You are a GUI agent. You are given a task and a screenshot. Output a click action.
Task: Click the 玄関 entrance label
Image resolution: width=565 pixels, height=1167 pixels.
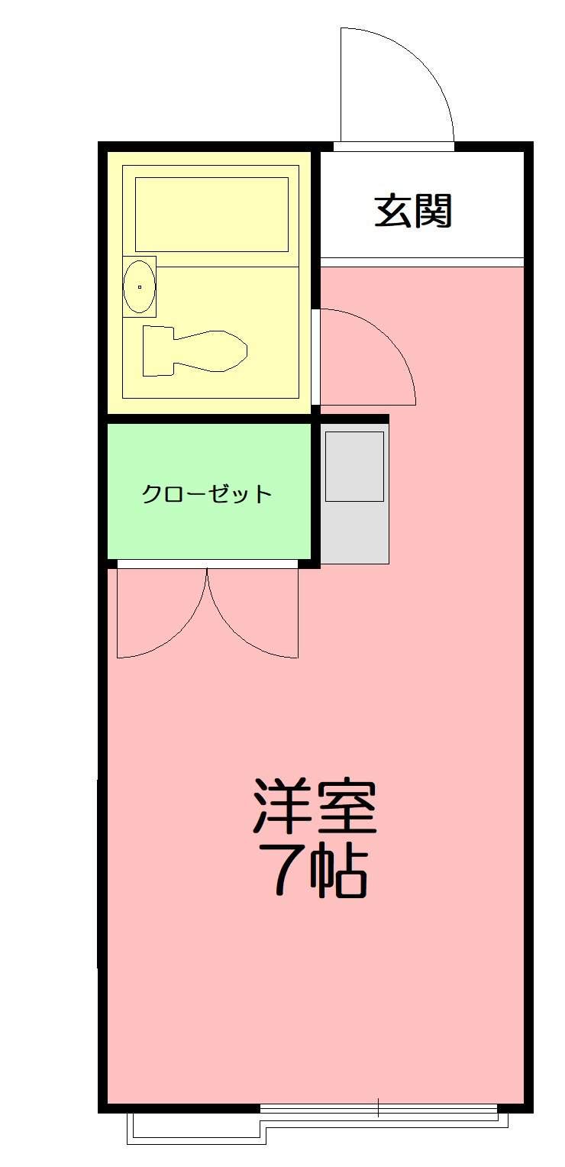click(413, 212)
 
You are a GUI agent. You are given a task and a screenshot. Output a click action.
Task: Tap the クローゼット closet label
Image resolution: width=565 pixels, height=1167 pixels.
click(207, 493)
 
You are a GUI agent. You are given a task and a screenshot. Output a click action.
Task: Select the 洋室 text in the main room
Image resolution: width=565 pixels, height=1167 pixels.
click(315, 807)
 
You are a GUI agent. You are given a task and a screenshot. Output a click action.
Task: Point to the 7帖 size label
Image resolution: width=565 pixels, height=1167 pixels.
click(315, 871)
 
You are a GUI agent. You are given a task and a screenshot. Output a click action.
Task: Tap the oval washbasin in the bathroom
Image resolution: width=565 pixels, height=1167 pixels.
click(139, 286)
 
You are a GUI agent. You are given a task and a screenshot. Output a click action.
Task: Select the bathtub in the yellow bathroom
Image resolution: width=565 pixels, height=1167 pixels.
click(211, 214)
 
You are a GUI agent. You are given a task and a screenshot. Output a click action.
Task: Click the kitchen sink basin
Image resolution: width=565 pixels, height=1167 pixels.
click(354, 466)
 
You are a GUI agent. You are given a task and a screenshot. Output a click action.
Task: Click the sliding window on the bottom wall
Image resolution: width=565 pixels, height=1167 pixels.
click(321, 1107)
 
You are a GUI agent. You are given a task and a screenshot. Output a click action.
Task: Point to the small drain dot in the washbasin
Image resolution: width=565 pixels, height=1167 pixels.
click(140, 287)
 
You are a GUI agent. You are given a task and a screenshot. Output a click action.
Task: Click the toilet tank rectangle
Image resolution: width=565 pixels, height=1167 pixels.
click(158, 351)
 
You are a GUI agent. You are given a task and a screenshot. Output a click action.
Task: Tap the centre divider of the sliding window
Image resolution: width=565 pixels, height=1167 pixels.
click(378, 1107)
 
